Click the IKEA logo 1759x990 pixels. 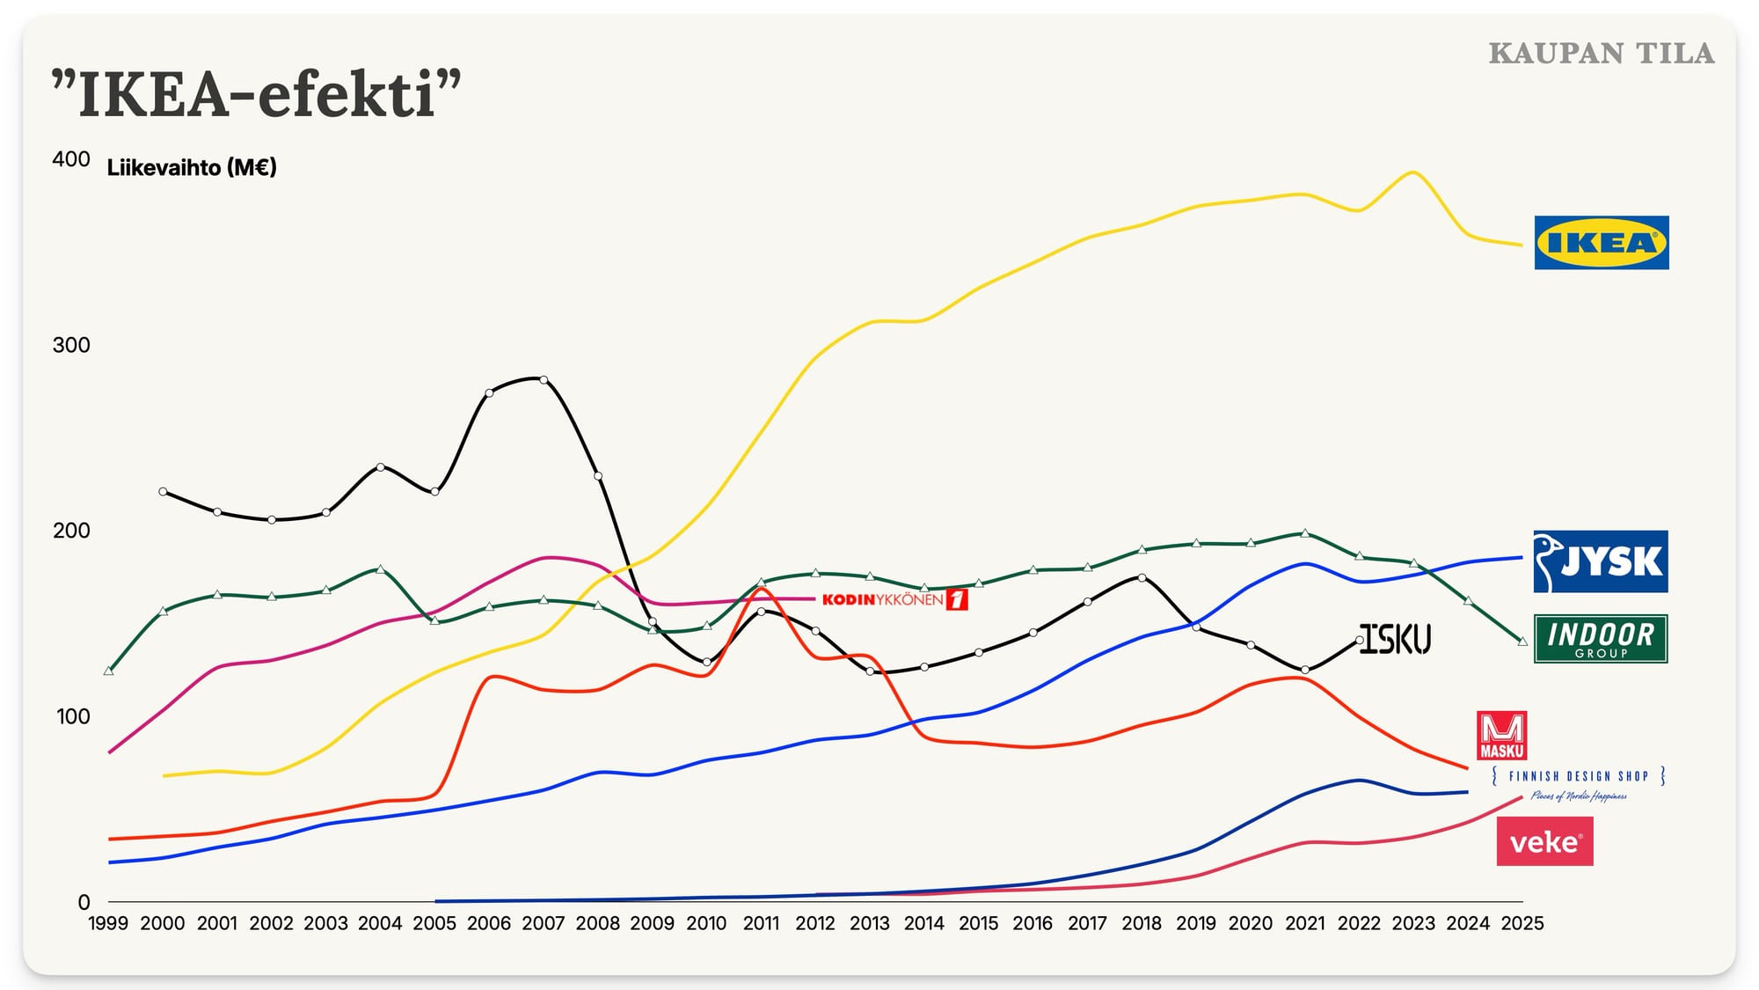1602,243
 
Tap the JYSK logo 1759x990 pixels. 1601,561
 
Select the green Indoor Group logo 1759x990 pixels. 1601,639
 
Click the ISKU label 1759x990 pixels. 1396,638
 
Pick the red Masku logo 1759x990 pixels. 1502,736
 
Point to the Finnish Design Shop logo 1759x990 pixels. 1579,783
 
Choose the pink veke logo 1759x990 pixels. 1545,841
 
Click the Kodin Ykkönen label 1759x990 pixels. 895,600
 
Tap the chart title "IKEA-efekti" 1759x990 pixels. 256,93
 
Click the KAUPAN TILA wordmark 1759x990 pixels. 1602,54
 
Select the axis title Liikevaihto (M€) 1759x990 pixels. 192,167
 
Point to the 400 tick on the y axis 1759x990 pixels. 71,159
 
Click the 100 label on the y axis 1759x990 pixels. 73,716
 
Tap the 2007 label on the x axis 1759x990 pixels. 544,923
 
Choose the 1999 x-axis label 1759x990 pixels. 108,923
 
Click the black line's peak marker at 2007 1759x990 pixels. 544,380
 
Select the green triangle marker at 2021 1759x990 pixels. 1305,533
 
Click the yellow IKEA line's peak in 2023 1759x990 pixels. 1412,172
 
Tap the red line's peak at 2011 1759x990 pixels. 762,589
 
